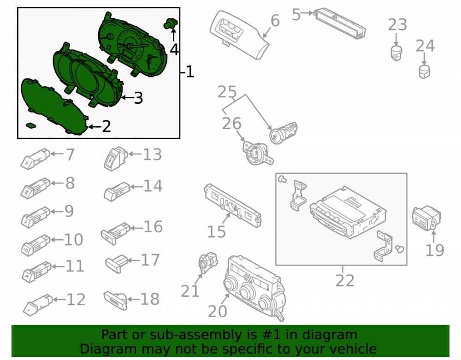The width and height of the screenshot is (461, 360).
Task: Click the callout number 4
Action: tap(174, 49)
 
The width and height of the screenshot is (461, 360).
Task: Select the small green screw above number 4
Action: tap(171, 24)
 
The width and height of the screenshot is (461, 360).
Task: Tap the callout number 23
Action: tap(397, 25)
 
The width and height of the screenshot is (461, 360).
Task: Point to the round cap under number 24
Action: tap(424, 72)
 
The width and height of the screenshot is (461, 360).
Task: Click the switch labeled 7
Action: tap(35, 159)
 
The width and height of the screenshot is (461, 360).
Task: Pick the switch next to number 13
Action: tap(116, 159)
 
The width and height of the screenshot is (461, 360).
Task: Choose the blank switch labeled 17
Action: tap(117, 264)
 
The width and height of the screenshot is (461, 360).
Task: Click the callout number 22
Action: tap(345, 280)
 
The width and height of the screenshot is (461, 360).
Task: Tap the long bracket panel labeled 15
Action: tap(232, 205)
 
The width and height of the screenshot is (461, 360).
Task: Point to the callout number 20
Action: tap(217, 311)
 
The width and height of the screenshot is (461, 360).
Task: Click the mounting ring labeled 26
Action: tap(257, 153)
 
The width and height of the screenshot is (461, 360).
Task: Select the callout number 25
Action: tap(227, 92)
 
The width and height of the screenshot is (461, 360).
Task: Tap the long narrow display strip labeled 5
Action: tap(340, 24)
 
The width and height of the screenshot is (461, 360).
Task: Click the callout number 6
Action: tap(275, 21)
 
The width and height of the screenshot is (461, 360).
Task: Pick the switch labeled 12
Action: tap(38, 305)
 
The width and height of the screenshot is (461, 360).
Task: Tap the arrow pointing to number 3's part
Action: tap(127, 98)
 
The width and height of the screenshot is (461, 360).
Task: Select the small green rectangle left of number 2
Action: tap(30, 125)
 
